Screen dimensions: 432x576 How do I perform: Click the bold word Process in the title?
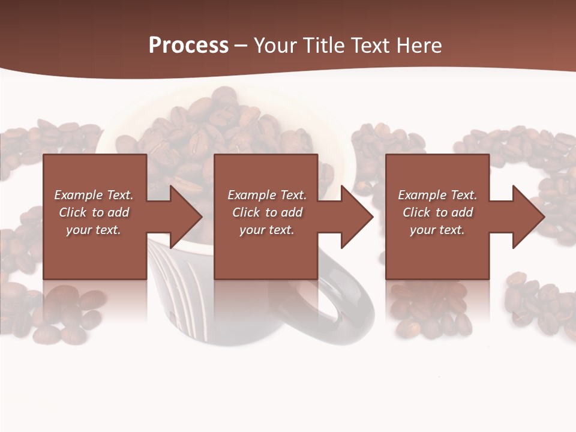point(188,46)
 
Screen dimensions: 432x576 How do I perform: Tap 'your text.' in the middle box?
point(266,230)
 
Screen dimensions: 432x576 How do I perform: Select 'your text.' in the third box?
point(437,230)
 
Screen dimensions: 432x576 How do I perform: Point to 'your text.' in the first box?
point(93,230)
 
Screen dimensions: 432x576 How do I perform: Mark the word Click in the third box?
point(417,212)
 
